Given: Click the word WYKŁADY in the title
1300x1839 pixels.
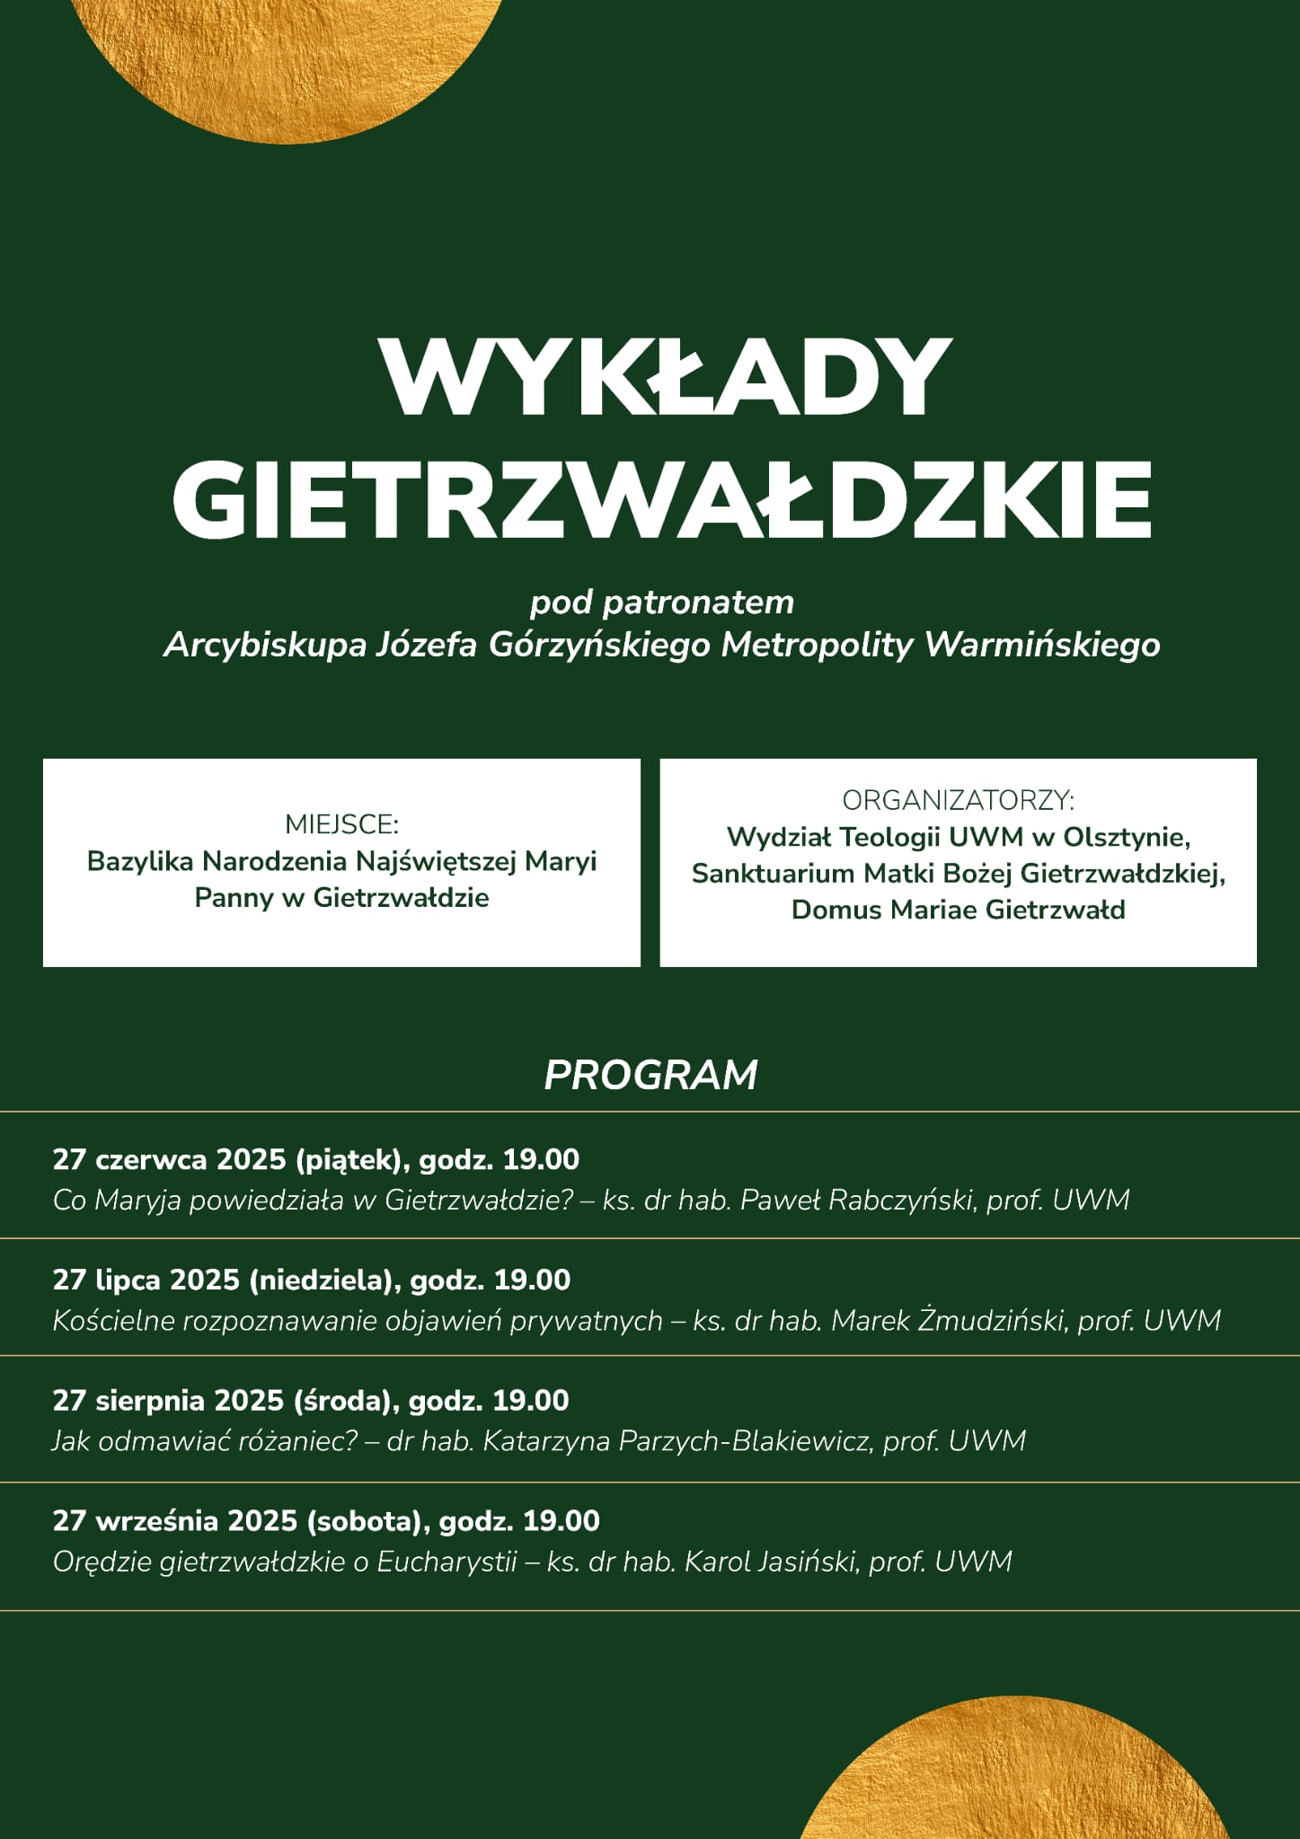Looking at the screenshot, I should tap(665, 377).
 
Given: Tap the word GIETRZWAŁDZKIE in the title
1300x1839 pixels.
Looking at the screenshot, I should tap(661, 499).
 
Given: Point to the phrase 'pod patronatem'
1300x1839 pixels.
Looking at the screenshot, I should tap(662, 603).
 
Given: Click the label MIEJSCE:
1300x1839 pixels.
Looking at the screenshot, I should tap(341, 824).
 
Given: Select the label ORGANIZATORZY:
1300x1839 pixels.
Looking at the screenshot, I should tap(958, 800).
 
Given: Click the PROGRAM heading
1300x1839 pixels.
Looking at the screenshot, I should tap(650, 1075).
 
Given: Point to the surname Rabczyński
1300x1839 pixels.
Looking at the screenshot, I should tap(899, 1201).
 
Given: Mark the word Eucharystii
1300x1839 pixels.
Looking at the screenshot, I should tap(447, 1562).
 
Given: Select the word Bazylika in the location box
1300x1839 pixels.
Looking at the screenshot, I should tap(139, 861).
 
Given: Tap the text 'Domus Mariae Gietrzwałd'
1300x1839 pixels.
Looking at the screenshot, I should tap(958, 910).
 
